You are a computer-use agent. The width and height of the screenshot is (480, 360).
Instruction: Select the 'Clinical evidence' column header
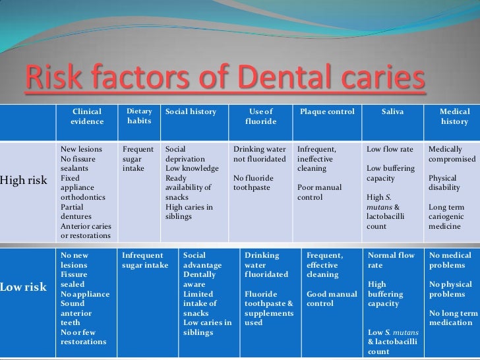pyautogui.click(x=87, y=117)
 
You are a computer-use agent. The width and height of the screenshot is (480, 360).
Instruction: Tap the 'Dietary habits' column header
pyautogui.click(x=139, y=117)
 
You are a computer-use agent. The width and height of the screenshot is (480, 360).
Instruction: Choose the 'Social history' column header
pyautogui.click(x=191, y=112)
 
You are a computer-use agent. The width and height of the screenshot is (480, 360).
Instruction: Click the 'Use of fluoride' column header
pyautogui.click(x=260, y=117)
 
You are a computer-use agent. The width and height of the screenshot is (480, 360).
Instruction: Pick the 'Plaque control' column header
pyautogui.click(x=327, y=112)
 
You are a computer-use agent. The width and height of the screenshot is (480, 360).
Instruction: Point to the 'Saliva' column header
pyautogui.click(x=393, y=112)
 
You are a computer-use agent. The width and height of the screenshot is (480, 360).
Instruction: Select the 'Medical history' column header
pyautogui.click(x=454, y=117)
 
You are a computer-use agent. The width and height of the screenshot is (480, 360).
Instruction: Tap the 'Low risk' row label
pyautogui.click(x=25, y=287)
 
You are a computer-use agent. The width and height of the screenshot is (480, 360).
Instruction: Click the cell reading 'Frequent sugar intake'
pyautogui.click(x=137, y=159)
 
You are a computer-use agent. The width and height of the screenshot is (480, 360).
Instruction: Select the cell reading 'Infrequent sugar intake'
pyautogui.click(x=146, y=260)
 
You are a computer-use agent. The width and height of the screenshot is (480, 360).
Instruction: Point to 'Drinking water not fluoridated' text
pyautogui.click(x=259, y=154)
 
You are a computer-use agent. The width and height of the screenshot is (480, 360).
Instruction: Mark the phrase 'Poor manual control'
pyautogui.click(x=319, y=192)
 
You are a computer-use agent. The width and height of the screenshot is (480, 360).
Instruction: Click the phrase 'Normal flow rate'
pyautogui.click(x=391, y=260)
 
